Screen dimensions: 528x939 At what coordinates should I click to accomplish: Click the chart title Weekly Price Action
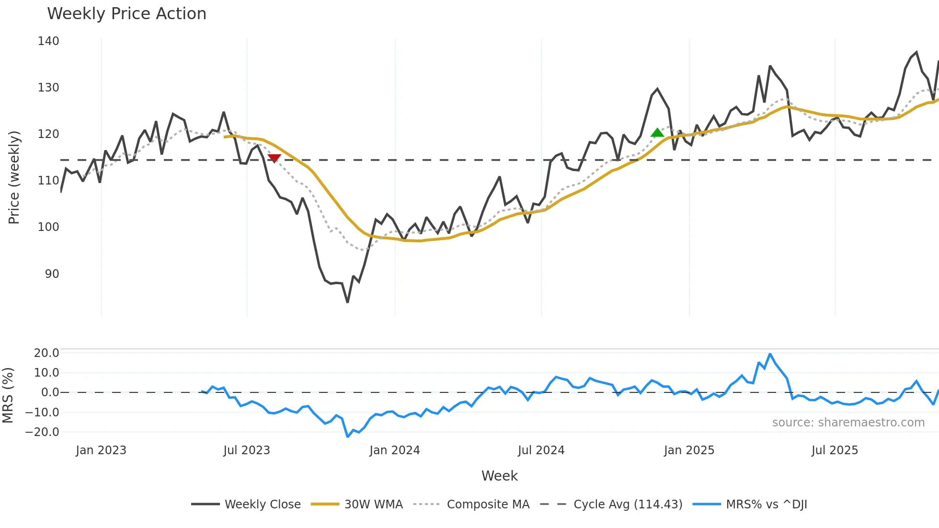126,14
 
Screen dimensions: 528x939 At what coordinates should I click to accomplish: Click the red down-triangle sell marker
274,158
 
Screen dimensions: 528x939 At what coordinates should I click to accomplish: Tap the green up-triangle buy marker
657,133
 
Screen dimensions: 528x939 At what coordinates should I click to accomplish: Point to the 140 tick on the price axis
48,41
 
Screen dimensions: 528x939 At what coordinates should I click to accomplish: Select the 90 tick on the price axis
52,274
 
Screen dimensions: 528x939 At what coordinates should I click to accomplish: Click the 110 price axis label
48,181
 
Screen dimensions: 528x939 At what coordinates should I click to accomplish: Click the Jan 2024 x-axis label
394,450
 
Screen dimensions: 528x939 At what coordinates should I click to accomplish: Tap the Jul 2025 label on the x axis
835,450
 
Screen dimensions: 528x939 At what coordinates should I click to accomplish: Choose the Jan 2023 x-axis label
101,450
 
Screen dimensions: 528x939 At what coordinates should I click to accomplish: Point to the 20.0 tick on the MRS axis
46,353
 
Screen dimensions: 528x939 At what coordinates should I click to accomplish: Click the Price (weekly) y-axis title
14,177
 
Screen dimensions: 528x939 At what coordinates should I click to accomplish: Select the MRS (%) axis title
8,395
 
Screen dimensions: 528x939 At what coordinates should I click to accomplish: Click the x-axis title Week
499,476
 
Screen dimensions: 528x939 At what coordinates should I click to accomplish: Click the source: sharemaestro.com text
848,423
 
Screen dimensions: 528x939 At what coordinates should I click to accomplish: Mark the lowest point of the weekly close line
347,302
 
